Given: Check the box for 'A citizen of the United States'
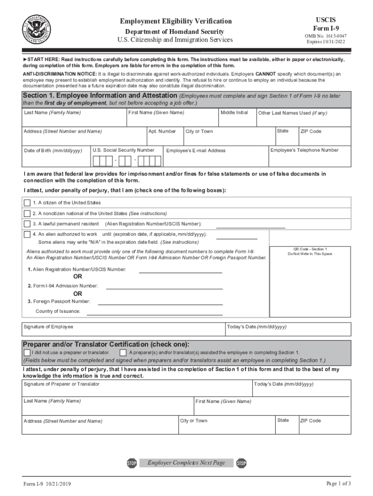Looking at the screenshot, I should [x=27, y=202].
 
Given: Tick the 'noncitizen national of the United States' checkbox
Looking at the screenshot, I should [x=27, y=213].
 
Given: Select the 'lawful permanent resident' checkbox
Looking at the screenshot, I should [x=27, y=224].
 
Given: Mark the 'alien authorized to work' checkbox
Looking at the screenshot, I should [x=27, y=234].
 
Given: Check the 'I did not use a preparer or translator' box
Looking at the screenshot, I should [x=27, y=352].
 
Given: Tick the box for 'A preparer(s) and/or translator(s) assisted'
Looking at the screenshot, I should [x=123, y=352].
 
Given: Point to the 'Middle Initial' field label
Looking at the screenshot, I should [x=234, y=112].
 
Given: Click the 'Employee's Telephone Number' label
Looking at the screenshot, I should [x=304, y=150].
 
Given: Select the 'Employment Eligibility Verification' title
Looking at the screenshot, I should [x=176, y=21].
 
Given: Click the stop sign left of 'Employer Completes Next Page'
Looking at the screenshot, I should [x=132, y=464].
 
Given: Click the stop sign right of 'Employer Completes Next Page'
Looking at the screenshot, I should [x=242, y=464].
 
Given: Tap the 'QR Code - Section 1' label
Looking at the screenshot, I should [x=310, y=249].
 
